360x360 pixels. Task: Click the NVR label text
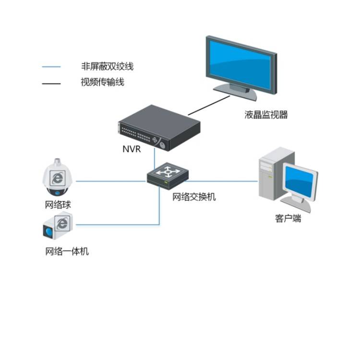131,149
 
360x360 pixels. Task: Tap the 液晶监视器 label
266,115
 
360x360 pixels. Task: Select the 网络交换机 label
194,196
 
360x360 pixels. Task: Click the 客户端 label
288,218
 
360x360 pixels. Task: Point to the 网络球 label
58,205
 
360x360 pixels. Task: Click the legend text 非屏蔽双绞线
107,67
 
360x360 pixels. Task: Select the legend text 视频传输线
102,82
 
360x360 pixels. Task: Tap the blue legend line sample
51,67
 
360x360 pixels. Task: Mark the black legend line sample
51,83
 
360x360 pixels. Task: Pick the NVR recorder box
158,127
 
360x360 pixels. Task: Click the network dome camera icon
58,178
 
